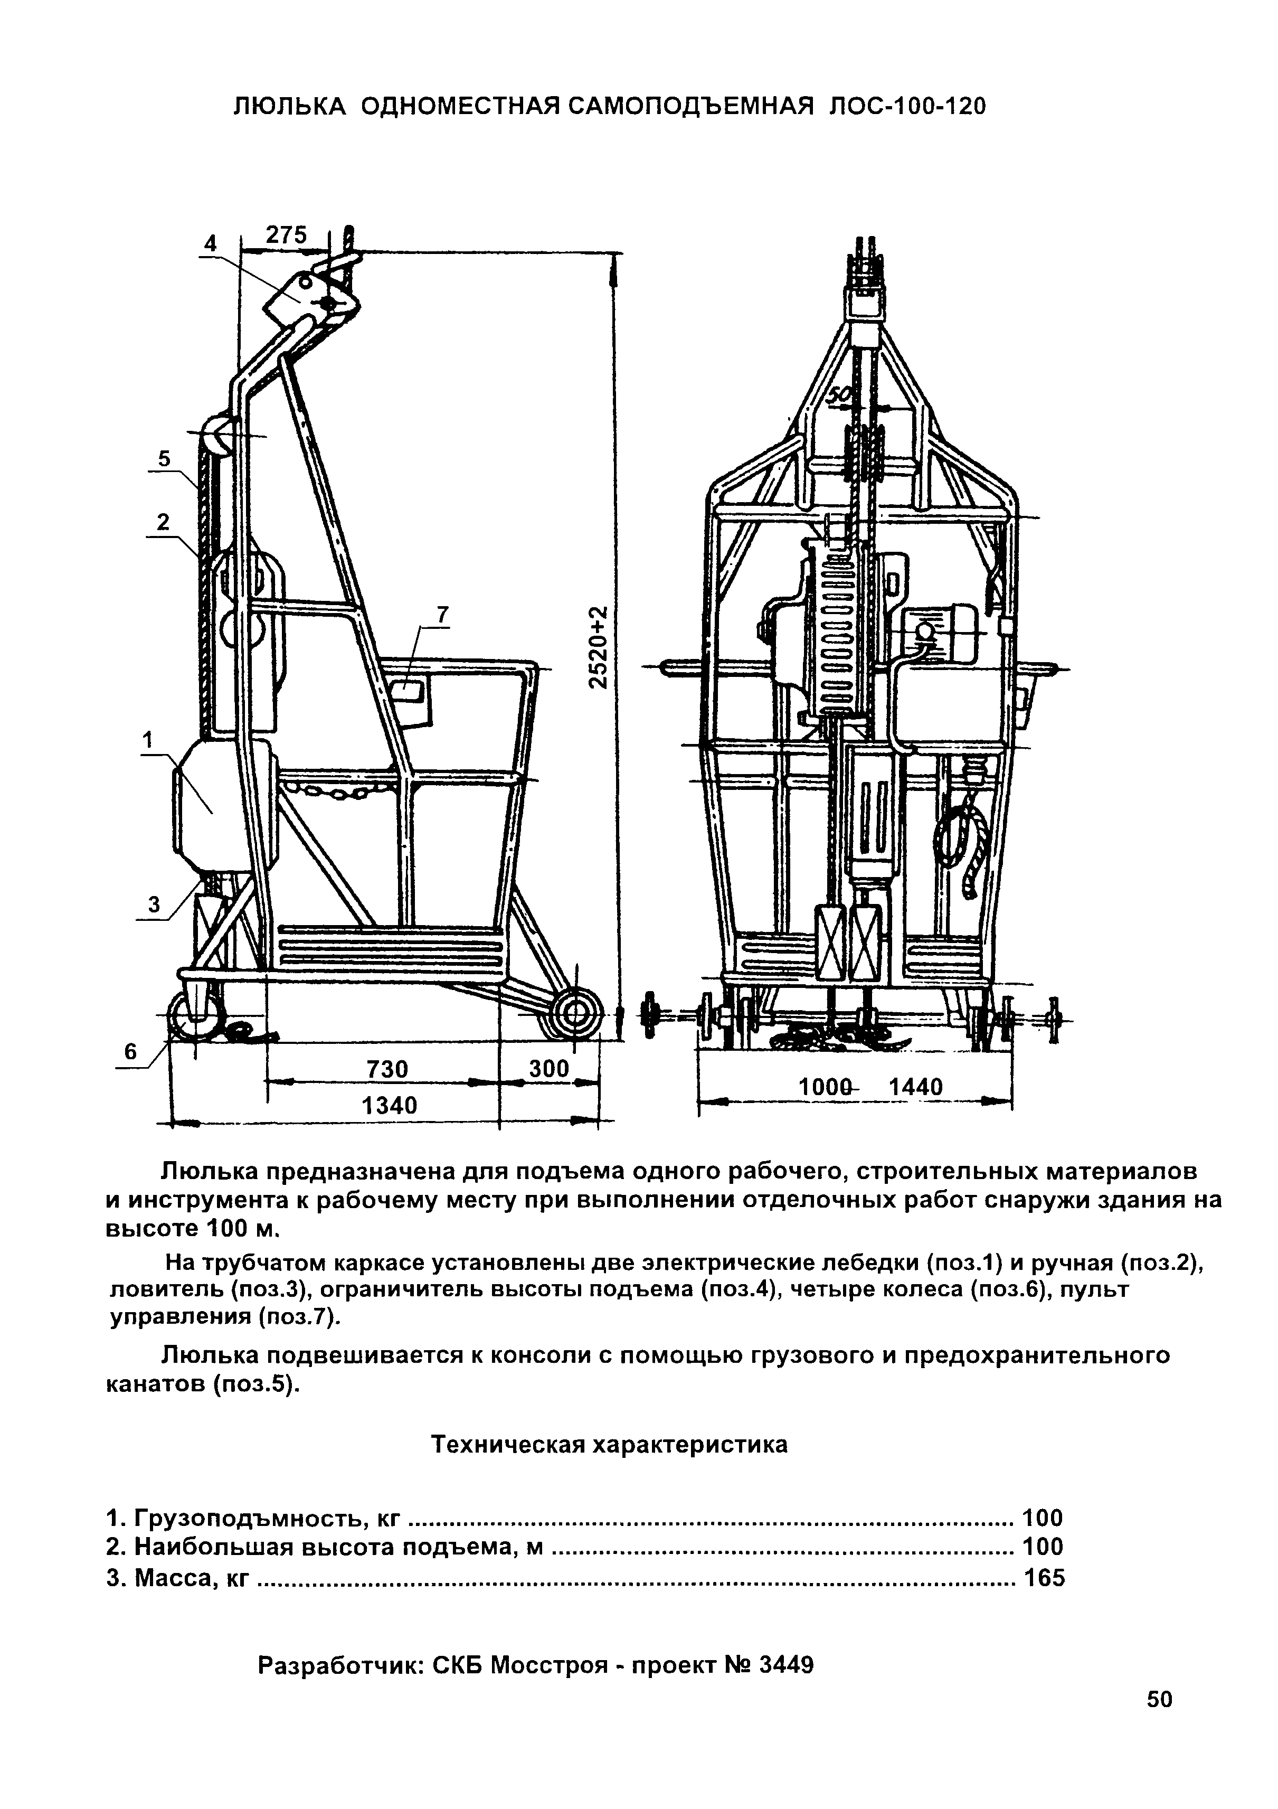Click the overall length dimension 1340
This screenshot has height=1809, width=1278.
(389, 1106)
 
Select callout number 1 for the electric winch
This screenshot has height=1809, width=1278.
(147, 740)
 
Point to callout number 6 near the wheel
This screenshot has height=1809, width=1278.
(131, 1052)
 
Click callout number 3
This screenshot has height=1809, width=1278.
(155, 905)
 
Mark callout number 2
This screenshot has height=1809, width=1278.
(163, 522)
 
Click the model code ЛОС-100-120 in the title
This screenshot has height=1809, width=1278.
(907, 106)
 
